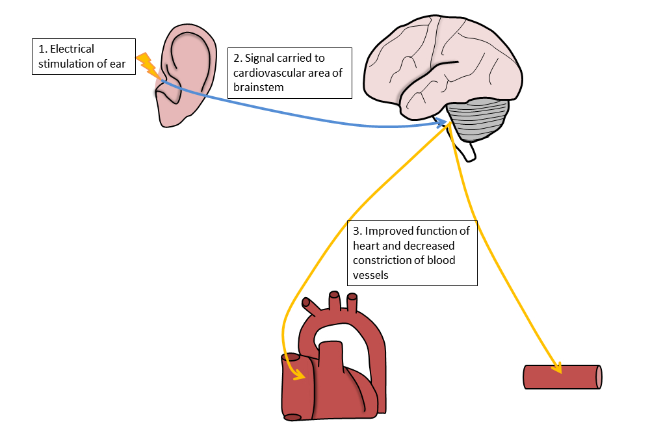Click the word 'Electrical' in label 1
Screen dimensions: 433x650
71,49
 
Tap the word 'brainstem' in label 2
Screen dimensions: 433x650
258,87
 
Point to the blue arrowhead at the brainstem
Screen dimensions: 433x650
444,122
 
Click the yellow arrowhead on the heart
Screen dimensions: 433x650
300,375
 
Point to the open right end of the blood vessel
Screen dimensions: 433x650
599,377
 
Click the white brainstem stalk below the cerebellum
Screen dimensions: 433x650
469,151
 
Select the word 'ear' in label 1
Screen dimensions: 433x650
117,64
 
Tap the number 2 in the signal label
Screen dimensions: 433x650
236,59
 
